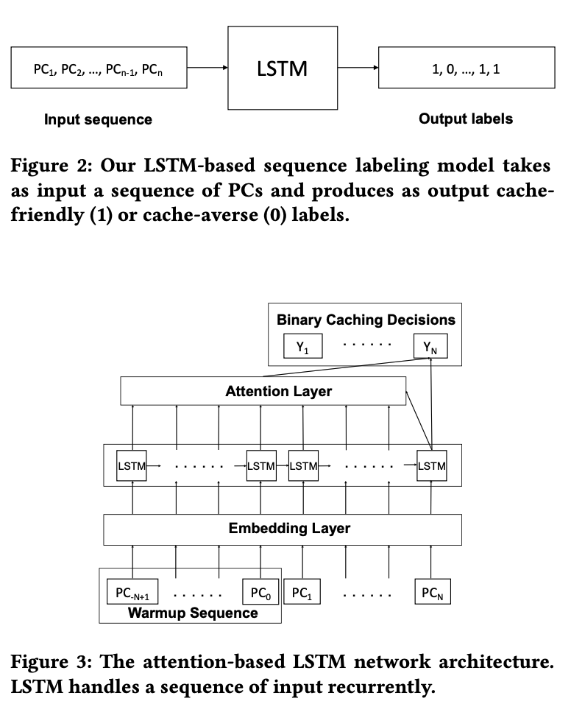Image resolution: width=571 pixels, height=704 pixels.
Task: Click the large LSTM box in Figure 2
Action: (283, 69)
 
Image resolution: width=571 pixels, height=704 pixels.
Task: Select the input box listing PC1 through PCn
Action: (98, 69)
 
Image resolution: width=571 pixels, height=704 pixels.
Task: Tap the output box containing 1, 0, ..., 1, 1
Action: (466, 69)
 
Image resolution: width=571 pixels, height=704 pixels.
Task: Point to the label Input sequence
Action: (98, 119)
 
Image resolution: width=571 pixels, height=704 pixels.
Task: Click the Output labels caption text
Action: (466, 119)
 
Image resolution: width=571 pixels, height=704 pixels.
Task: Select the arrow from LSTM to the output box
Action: (357, 69)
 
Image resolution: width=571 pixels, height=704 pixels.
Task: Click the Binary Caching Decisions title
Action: (366, 320)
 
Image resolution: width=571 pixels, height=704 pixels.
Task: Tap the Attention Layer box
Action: (263, 391)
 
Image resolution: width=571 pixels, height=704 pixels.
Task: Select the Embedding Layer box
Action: (283, 529)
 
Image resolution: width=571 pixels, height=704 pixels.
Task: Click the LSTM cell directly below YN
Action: (431, 466)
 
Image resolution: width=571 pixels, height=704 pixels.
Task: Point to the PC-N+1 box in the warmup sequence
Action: (132, 593)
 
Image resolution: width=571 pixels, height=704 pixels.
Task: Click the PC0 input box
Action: (260, 593)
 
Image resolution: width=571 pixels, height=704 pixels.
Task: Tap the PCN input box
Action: (431, 593)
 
